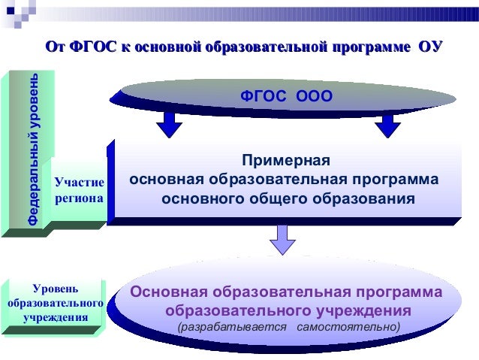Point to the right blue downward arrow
coord(387,123)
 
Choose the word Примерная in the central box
coord(285,160)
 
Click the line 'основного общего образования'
coord(288,200)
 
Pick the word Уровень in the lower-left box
coord(54,289)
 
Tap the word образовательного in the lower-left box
coord(55,303)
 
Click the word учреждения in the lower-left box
coord(55,317)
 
